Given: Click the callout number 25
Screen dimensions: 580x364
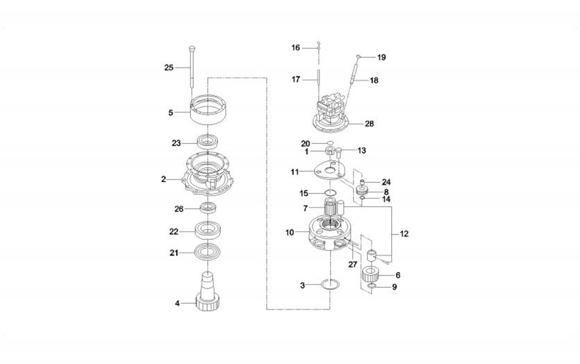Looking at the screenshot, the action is (169, 68).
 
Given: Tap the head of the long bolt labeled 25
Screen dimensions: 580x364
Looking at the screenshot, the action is (192, 48).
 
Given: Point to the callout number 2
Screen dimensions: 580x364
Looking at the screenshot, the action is (163, 179).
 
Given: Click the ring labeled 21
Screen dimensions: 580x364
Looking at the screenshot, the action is (208, 252).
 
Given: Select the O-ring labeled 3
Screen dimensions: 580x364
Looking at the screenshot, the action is (330, 285).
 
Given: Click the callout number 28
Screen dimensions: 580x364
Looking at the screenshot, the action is (369, 123).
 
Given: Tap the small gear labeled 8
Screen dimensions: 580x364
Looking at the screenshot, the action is (362, 191).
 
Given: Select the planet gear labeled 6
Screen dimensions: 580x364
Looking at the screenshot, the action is (371, 275).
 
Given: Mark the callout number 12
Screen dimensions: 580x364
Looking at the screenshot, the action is (404, 234).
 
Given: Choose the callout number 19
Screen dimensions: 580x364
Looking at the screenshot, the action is (381, 57).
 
